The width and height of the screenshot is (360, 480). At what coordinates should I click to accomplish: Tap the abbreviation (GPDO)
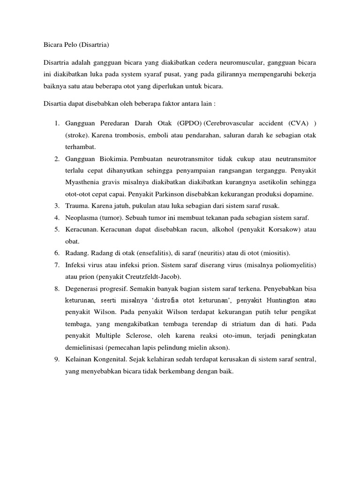pyautogui.click(x=189, y=123)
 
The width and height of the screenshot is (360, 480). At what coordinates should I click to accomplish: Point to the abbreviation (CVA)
pyautogui.click(x=298, y=123)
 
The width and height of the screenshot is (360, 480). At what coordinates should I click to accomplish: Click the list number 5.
pyautogui.click(x=56, y=229)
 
